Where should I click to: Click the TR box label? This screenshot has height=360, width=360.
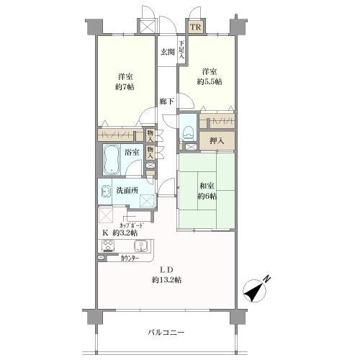point(196,27)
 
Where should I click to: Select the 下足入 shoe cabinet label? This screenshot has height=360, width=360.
point(182,49)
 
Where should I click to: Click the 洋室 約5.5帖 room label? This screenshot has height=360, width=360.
point(210,76)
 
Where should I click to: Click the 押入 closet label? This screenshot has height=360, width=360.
point(216,140)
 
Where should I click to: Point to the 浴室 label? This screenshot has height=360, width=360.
point(131,153)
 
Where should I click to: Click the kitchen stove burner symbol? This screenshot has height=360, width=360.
point(108,248)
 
